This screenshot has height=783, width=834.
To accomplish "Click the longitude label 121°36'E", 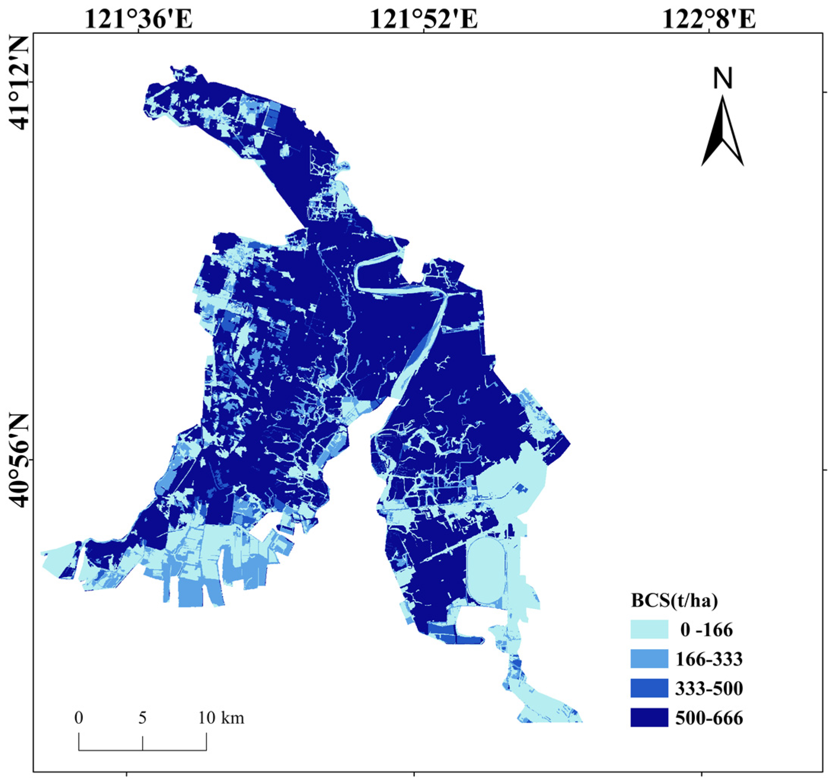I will tap(139, 19).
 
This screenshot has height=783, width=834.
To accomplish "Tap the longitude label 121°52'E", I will tap(424, 19).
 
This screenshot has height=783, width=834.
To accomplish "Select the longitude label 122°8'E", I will tap(709, 19).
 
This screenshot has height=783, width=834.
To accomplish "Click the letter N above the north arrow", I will tap(723, 78).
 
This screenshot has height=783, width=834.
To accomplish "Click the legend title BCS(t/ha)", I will tap(674, 601).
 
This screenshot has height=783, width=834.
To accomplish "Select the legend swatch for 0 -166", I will tap(649, 629).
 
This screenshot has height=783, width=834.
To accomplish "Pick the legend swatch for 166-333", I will tap(649, 659).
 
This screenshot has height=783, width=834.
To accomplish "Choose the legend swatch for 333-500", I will tap(649, 688).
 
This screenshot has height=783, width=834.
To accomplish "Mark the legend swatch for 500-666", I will tap(649, 718).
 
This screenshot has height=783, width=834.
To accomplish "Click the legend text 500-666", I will tap(709, 718).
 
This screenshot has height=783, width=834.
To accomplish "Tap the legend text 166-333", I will tap(709, 659).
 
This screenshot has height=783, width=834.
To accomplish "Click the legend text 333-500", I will tap(709, 689).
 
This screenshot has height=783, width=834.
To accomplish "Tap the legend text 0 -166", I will tap(707, 630).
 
